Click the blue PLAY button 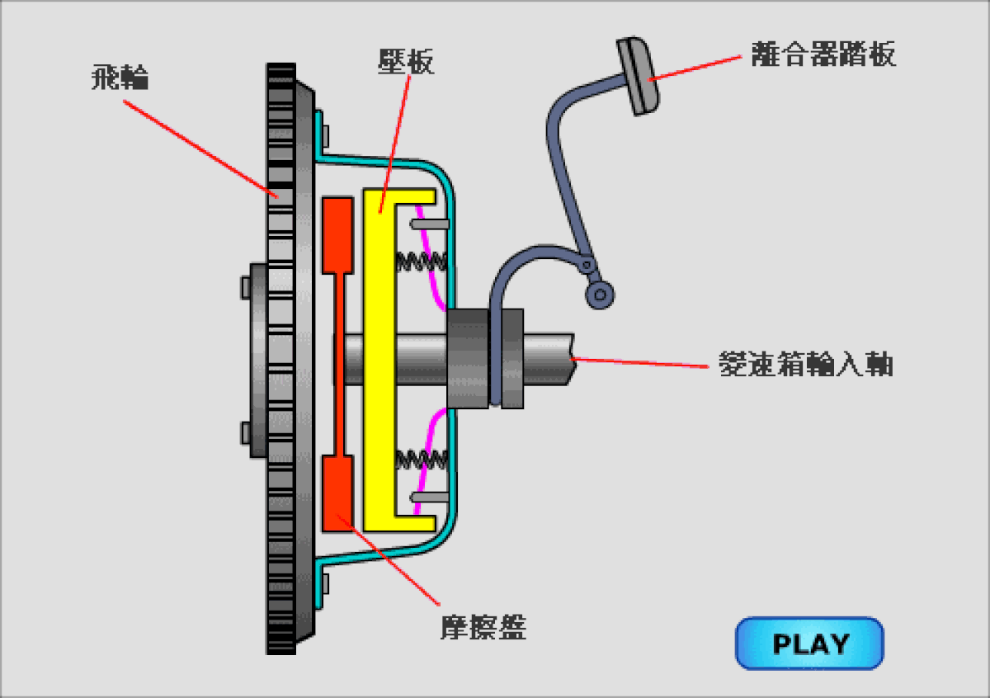click(809, 643)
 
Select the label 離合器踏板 click(823, 54)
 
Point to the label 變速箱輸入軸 click(806, 364)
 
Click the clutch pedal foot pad click(639, 76)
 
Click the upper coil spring click(422, 262)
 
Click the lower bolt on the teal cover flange click(324, 582)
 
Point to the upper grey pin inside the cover click(430, 224)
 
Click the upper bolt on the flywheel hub click(245, 287)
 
